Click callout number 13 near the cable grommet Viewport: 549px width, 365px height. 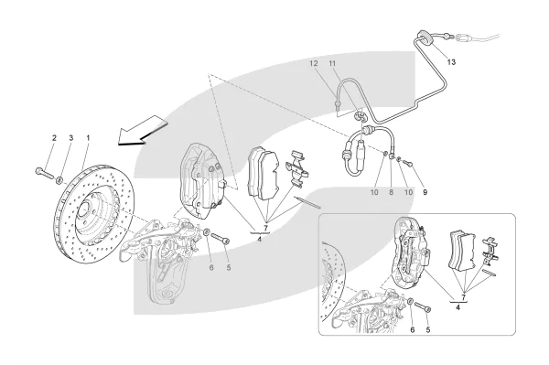pos(451,62)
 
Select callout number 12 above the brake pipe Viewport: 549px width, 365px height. pos(313,63)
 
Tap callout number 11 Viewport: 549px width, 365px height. pos(332,63)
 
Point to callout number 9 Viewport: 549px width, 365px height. pos(425,192)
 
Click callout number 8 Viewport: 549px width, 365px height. pos(391,192)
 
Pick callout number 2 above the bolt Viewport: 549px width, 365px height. pos(54,138)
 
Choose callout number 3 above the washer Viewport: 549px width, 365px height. pos(71,138)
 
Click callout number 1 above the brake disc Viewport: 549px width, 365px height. pos(88,138)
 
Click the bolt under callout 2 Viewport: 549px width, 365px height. pos(43,173)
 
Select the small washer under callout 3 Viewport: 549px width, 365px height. pos(59,180)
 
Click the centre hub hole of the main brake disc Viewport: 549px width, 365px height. pos(84,209)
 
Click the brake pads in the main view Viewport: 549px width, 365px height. pos(264,174)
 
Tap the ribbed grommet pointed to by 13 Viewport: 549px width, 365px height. pos(425,38)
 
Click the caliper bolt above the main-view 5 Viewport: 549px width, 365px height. pos(221,239)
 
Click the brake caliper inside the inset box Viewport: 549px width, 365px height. pos(412,252)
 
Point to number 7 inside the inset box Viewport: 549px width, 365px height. pos(464,297)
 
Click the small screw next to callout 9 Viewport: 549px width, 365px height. pos(407,163)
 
